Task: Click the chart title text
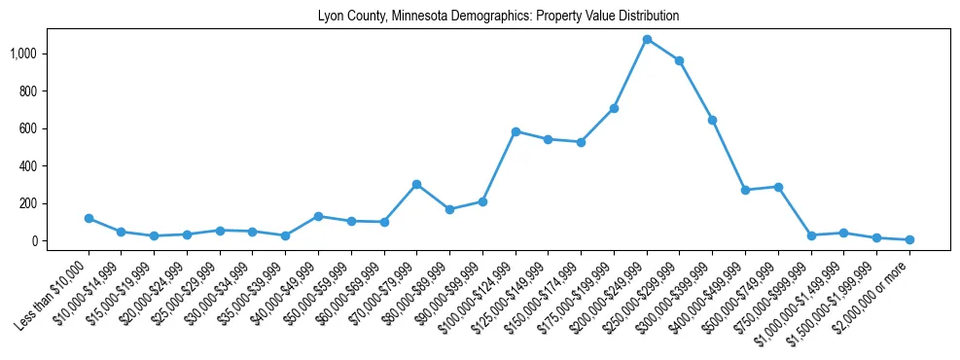498,17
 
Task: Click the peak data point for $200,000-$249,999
647,39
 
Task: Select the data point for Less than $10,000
89,218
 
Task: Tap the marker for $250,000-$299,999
679,60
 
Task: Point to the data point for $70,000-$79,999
416,184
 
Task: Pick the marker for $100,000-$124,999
516,131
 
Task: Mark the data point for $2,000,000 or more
909,239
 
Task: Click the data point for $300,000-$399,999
712,120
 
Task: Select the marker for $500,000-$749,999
778,187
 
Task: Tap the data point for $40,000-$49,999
318,216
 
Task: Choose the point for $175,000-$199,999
614,108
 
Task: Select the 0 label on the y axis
39,241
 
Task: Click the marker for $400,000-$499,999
745,190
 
